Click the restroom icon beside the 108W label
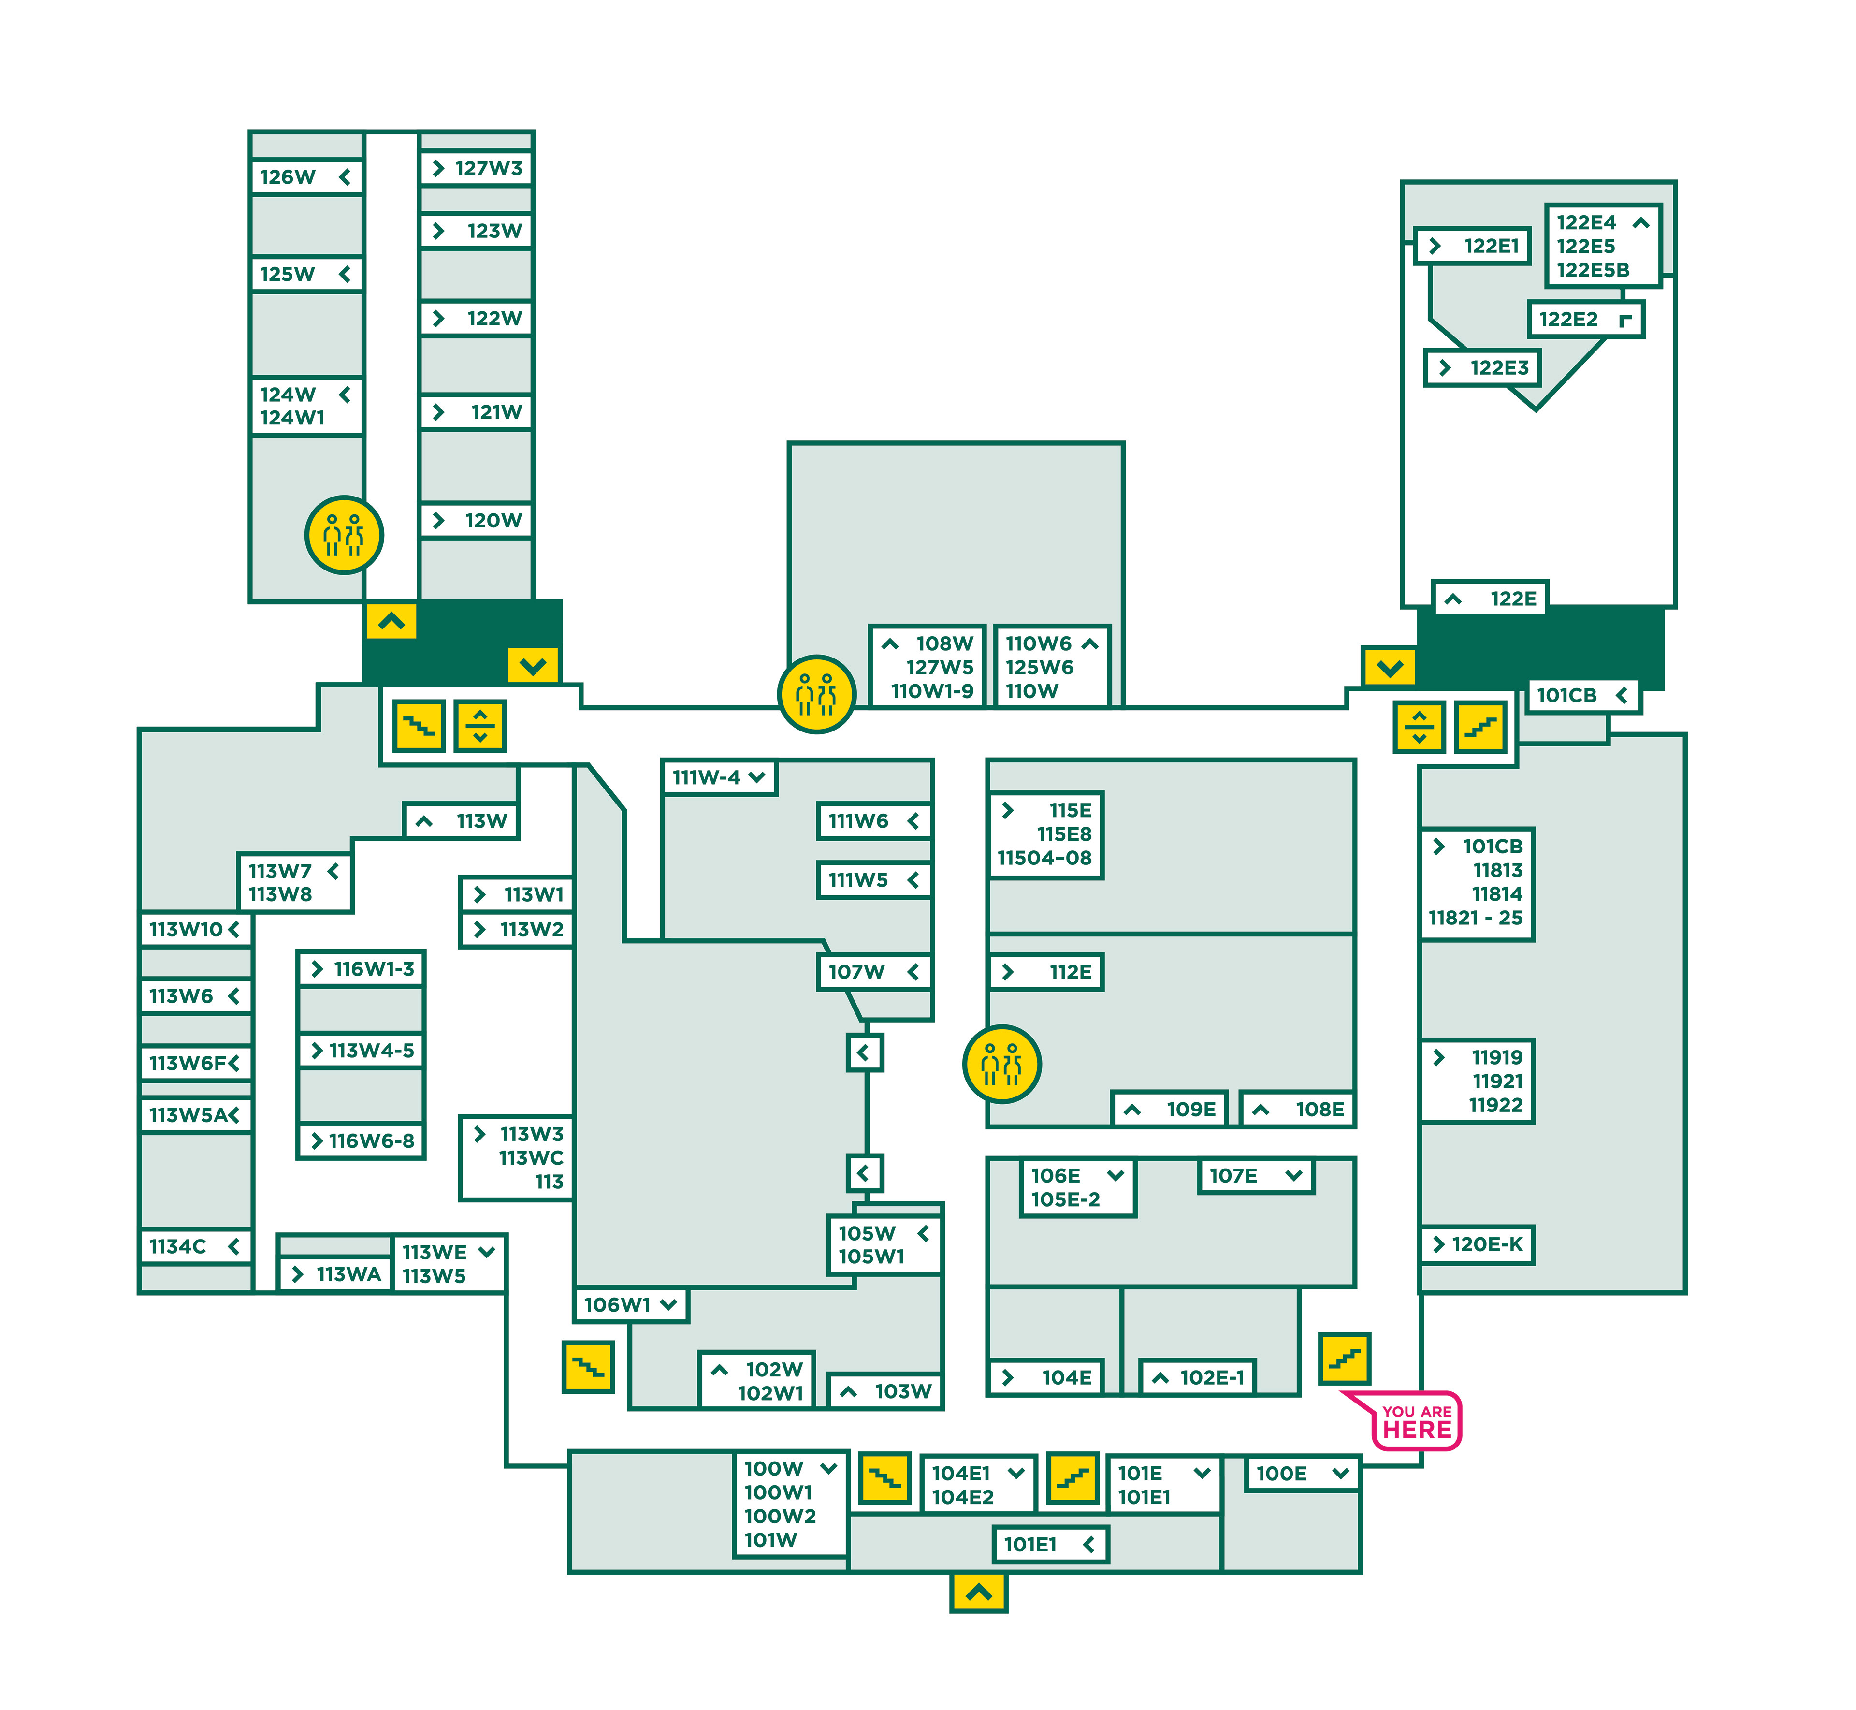(816, 694)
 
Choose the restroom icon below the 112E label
(1002, 1064)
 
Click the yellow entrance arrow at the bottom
(978, 1593)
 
